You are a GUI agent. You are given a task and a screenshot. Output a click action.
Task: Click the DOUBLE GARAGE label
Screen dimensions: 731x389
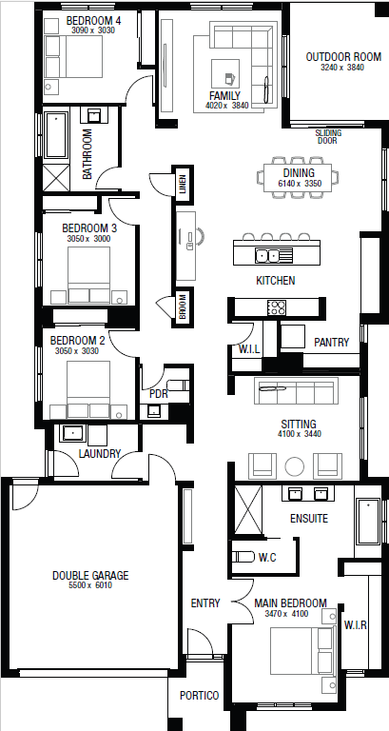click(x=89, y=575)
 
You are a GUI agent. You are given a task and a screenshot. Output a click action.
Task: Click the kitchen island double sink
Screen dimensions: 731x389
click(x=269, y=254)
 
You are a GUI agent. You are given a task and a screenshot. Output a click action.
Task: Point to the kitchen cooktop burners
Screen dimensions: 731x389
click(x=277, y=307)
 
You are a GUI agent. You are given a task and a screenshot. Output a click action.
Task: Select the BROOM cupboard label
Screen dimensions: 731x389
click(x=181, y=307)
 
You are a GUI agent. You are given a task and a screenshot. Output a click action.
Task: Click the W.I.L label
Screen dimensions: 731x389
click(x=249, y=349)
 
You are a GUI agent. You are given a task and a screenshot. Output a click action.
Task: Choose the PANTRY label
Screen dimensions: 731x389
click(x=331, y=342)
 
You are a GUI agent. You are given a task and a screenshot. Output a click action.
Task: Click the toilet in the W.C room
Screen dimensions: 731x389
click(x=243, y=557)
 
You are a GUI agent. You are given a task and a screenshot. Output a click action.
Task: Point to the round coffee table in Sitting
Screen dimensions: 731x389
click(x=296, y=465)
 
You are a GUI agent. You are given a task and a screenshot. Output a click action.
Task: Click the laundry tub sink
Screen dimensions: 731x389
click(x=72, y=434)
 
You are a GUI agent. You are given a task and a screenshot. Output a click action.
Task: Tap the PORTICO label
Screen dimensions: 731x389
click(x=199, y=696)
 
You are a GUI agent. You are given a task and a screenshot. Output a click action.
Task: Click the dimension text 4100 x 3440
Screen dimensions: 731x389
click(x=298, y=435)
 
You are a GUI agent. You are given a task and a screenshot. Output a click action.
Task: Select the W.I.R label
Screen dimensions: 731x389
click(x=356, y=625)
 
